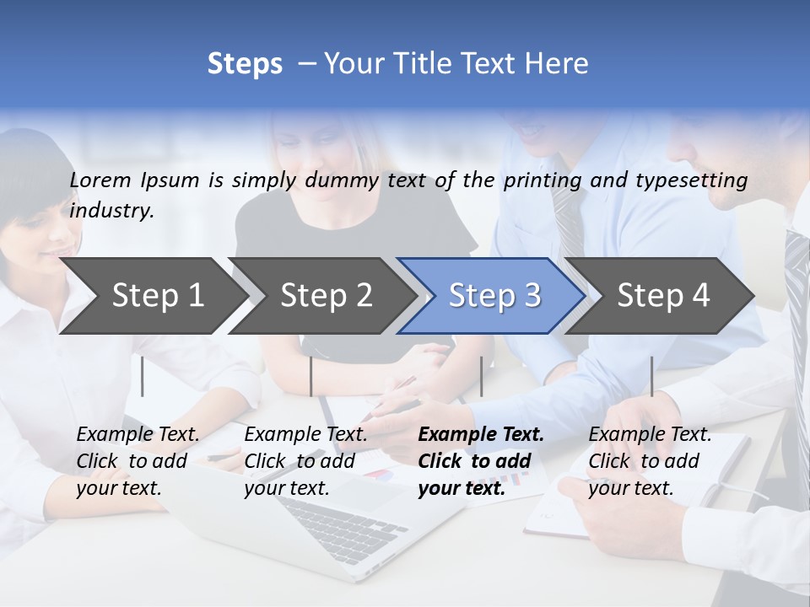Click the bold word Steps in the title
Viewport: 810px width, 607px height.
tap(245, 63)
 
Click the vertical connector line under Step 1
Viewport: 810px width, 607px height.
tap(143, 376)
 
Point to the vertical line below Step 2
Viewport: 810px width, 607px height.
tap(311, 376)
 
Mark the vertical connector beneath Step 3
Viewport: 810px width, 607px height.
tap(481, 376)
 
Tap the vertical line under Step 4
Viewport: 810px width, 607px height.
tap(651, 376)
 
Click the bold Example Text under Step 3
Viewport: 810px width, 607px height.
tap(481, 460)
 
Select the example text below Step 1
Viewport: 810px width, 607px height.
tap(138, 460)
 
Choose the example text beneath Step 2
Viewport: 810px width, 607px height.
tap(305, 460)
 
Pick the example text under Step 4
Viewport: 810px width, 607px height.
tap(650, 460)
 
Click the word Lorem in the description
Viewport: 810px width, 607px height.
tap(100, 180)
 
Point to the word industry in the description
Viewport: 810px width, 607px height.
tap(111, 210)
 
